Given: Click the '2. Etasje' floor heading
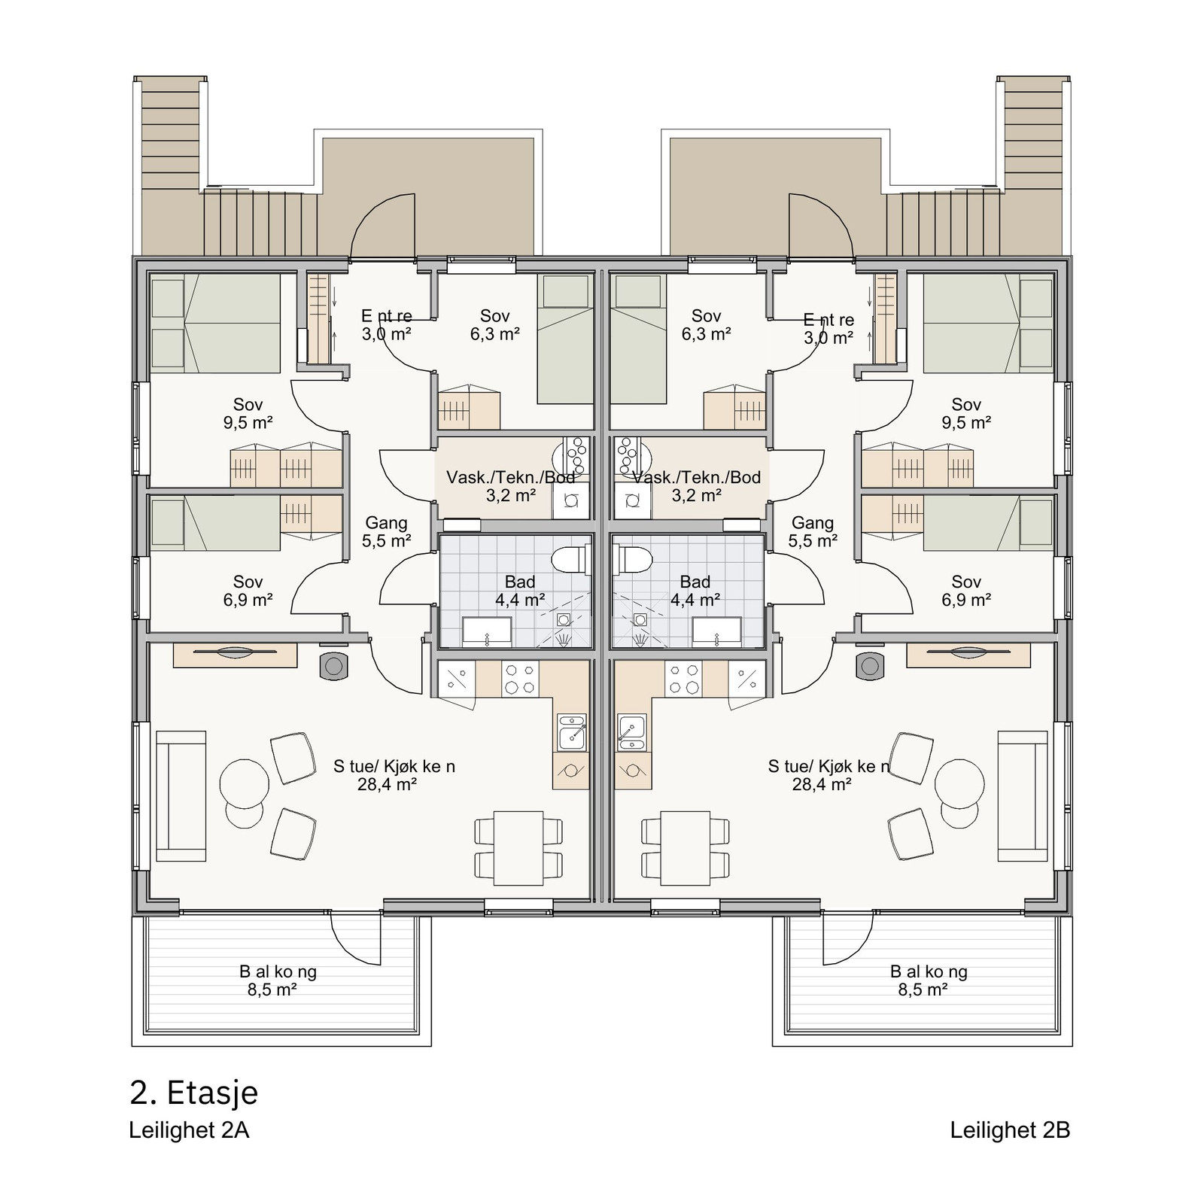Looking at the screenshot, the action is click(x=193, y=1093).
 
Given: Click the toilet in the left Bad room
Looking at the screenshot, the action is click(x=570, y=560).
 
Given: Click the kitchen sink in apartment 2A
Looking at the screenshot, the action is click(x=571, y=731).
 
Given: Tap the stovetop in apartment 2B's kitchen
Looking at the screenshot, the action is click(x=683, y=679).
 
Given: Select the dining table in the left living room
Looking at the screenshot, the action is click(x=518, y=848).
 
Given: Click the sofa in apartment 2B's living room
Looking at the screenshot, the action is click(x=1023, y=795).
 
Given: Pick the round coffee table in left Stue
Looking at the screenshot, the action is click(x=243, y=783).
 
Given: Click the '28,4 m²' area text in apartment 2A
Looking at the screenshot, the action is click(x=387, y=785).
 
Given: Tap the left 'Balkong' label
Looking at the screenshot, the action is click(x=278, y=971).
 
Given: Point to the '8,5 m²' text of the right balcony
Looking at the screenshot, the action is click(x=923, y=990).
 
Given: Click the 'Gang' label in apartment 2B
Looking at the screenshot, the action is click(x=813, y=522).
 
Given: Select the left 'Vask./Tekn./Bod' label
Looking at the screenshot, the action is click(x=510, y=477).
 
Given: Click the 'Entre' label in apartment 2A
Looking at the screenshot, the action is click(x=387, y=316).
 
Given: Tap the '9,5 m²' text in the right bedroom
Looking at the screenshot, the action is click(x=966, y=423).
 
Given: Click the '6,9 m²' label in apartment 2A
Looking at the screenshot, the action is click(x=248, y=600).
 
